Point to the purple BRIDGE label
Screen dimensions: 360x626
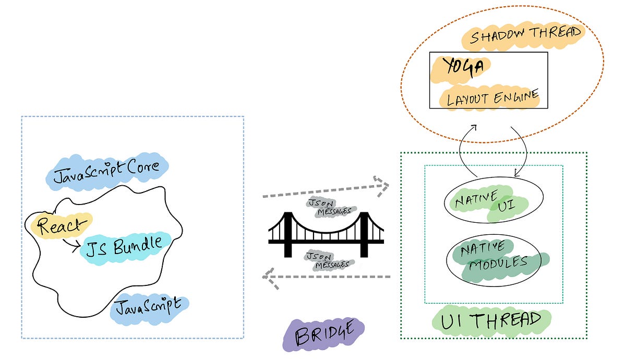coord(323,334)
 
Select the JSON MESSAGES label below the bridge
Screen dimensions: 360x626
coord(327,260)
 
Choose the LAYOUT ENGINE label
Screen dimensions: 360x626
coord(490,97)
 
